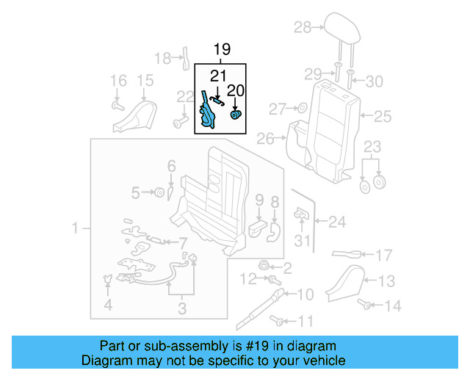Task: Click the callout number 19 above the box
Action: point(222,50)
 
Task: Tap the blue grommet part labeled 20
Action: point(236,115)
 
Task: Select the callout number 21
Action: point(218,76)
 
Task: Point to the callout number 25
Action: point(383,115)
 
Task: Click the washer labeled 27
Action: point(301,109)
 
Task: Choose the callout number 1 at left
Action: point(75,230)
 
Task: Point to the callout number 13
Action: point(386,281)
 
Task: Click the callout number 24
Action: point(336,220)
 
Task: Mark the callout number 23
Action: point(373,145)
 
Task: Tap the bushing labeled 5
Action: point(156,192)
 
